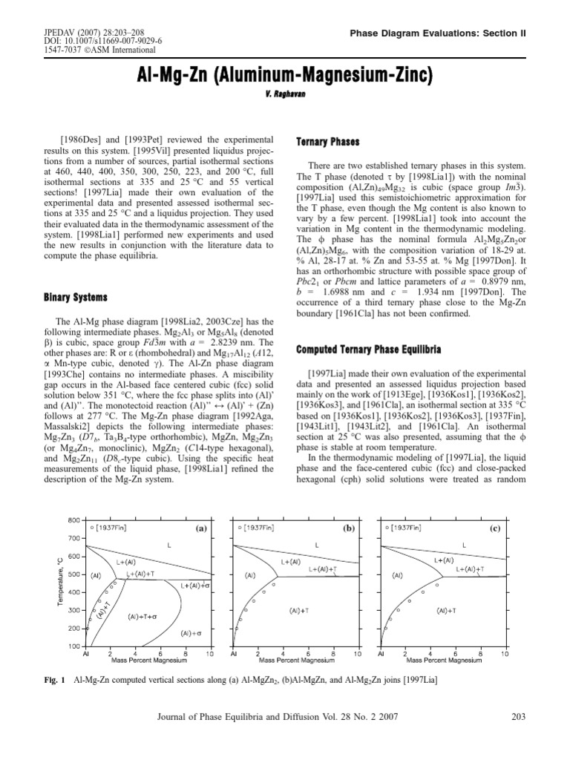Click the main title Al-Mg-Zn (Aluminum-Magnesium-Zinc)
[x=285, y=76]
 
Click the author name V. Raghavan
[x=285, y=96]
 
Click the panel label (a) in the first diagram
[x=200, y=529]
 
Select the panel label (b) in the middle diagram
[x=348, y=529]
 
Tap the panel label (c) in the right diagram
[x=496, y=529]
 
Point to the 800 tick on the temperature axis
[x=74, y=520]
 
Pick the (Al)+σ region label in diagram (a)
[x=191, y=633]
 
